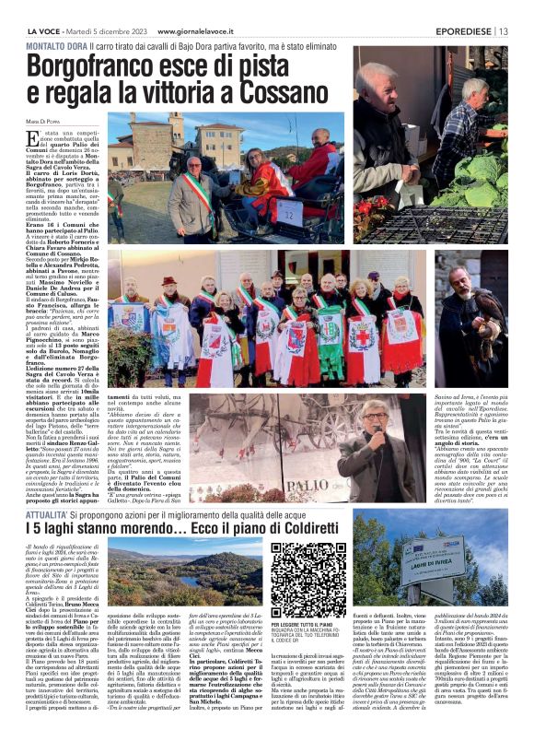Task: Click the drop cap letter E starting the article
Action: coord(33,140)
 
